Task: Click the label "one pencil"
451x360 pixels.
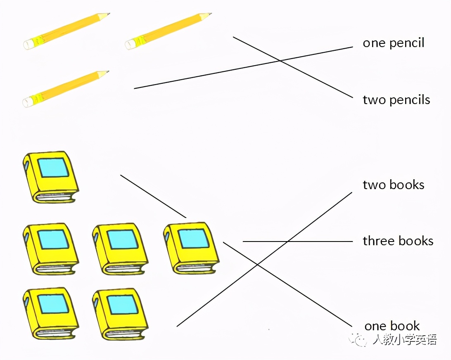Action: [393, 43]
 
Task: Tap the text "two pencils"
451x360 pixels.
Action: [396, 100]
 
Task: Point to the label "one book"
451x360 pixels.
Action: [392, 326]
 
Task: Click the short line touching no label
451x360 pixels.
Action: [153, 196]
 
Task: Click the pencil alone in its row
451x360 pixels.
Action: [66, 89]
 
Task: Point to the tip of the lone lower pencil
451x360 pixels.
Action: [107, 72]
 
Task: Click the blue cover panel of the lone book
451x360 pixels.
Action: [53, 168]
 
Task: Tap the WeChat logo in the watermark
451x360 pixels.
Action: [358, 339]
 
